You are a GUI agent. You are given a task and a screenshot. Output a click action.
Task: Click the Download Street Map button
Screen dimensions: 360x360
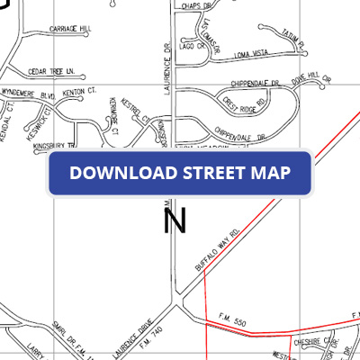(180, 173)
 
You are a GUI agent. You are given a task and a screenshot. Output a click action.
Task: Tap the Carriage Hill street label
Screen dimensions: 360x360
(73, 29)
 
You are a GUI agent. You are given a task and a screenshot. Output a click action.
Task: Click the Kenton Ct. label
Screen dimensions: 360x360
(80, 92)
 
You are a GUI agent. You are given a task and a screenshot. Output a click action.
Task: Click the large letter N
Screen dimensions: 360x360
(175, 219)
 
